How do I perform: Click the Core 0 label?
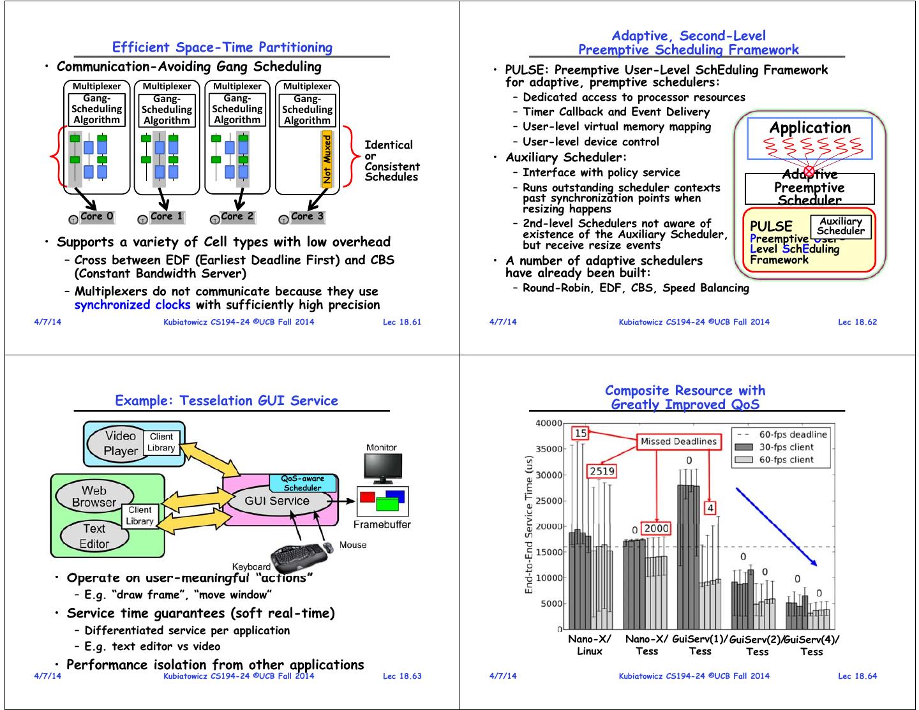(96, 216)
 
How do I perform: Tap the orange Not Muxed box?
(327, 159)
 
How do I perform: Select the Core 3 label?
(307, 216)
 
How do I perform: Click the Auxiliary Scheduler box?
(841, 226)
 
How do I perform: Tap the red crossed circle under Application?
(809, 170)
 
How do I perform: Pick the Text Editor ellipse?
(94, 536)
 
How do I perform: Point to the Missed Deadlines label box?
(678, 441)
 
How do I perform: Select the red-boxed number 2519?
(601, 471)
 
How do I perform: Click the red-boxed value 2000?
(656, 528)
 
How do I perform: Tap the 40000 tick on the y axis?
(548, 423)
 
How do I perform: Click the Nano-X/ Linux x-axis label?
(589, 645)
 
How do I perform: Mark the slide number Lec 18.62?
(857, 322)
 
